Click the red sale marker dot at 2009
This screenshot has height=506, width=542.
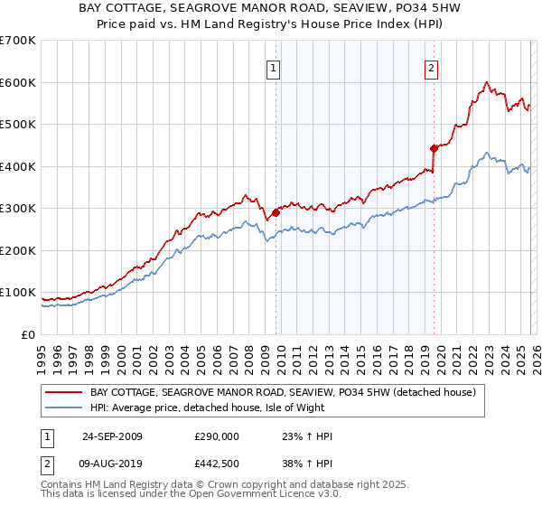click(x=276, y=212)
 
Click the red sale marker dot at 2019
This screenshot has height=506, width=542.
click(x=434, y=148)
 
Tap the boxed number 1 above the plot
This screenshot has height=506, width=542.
click(x=273, y=67)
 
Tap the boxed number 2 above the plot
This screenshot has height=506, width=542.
click(x=431, y=67)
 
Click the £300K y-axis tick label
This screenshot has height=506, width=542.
click(x=18, y=209)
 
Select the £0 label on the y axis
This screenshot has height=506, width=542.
click(x=28, y=335)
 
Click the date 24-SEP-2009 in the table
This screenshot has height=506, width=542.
click(x=112, y=436)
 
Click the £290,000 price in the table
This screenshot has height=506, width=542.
click(x=217, y=436)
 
